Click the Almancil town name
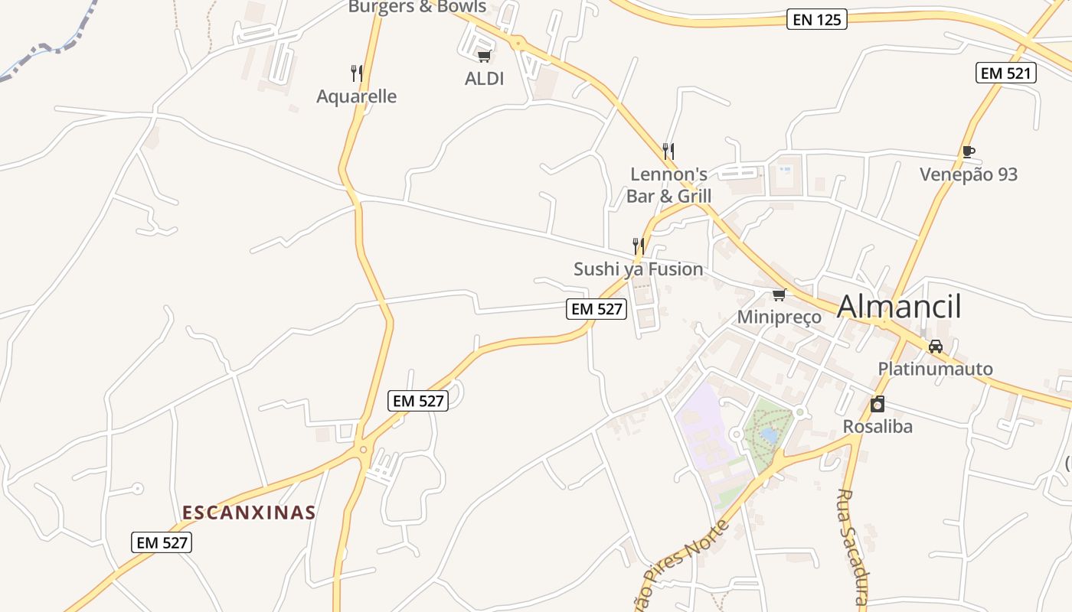[x=899, y=307]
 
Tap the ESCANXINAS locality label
[x=249, y=513]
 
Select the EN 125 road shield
[x=817, y=20]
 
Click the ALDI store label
[x=485, y=78]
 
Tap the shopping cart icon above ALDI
[x=484, y=56]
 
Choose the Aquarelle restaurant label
[x=357, y=96]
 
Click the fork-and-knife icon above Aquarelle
[x=357, y=73]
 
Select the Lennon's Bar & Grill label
[x=669, y=185]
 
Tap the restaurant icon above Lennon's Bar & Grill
[x=668, y=151]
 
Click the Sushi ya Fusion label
[x=639, y=269]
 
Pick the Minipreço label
[x=779, y=317]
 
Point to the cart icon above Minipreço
[x=779, y=295]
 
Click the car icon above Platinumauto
[x=935, y=347]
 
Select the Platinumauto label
[x=935, y=369]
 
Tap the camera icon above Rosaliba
[x=878, y=404]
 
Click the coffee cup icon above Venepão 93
[x=969, y=151]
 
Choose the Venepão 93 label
[x=969, y=174]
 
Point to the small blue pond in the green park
[x=769, y=435]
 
